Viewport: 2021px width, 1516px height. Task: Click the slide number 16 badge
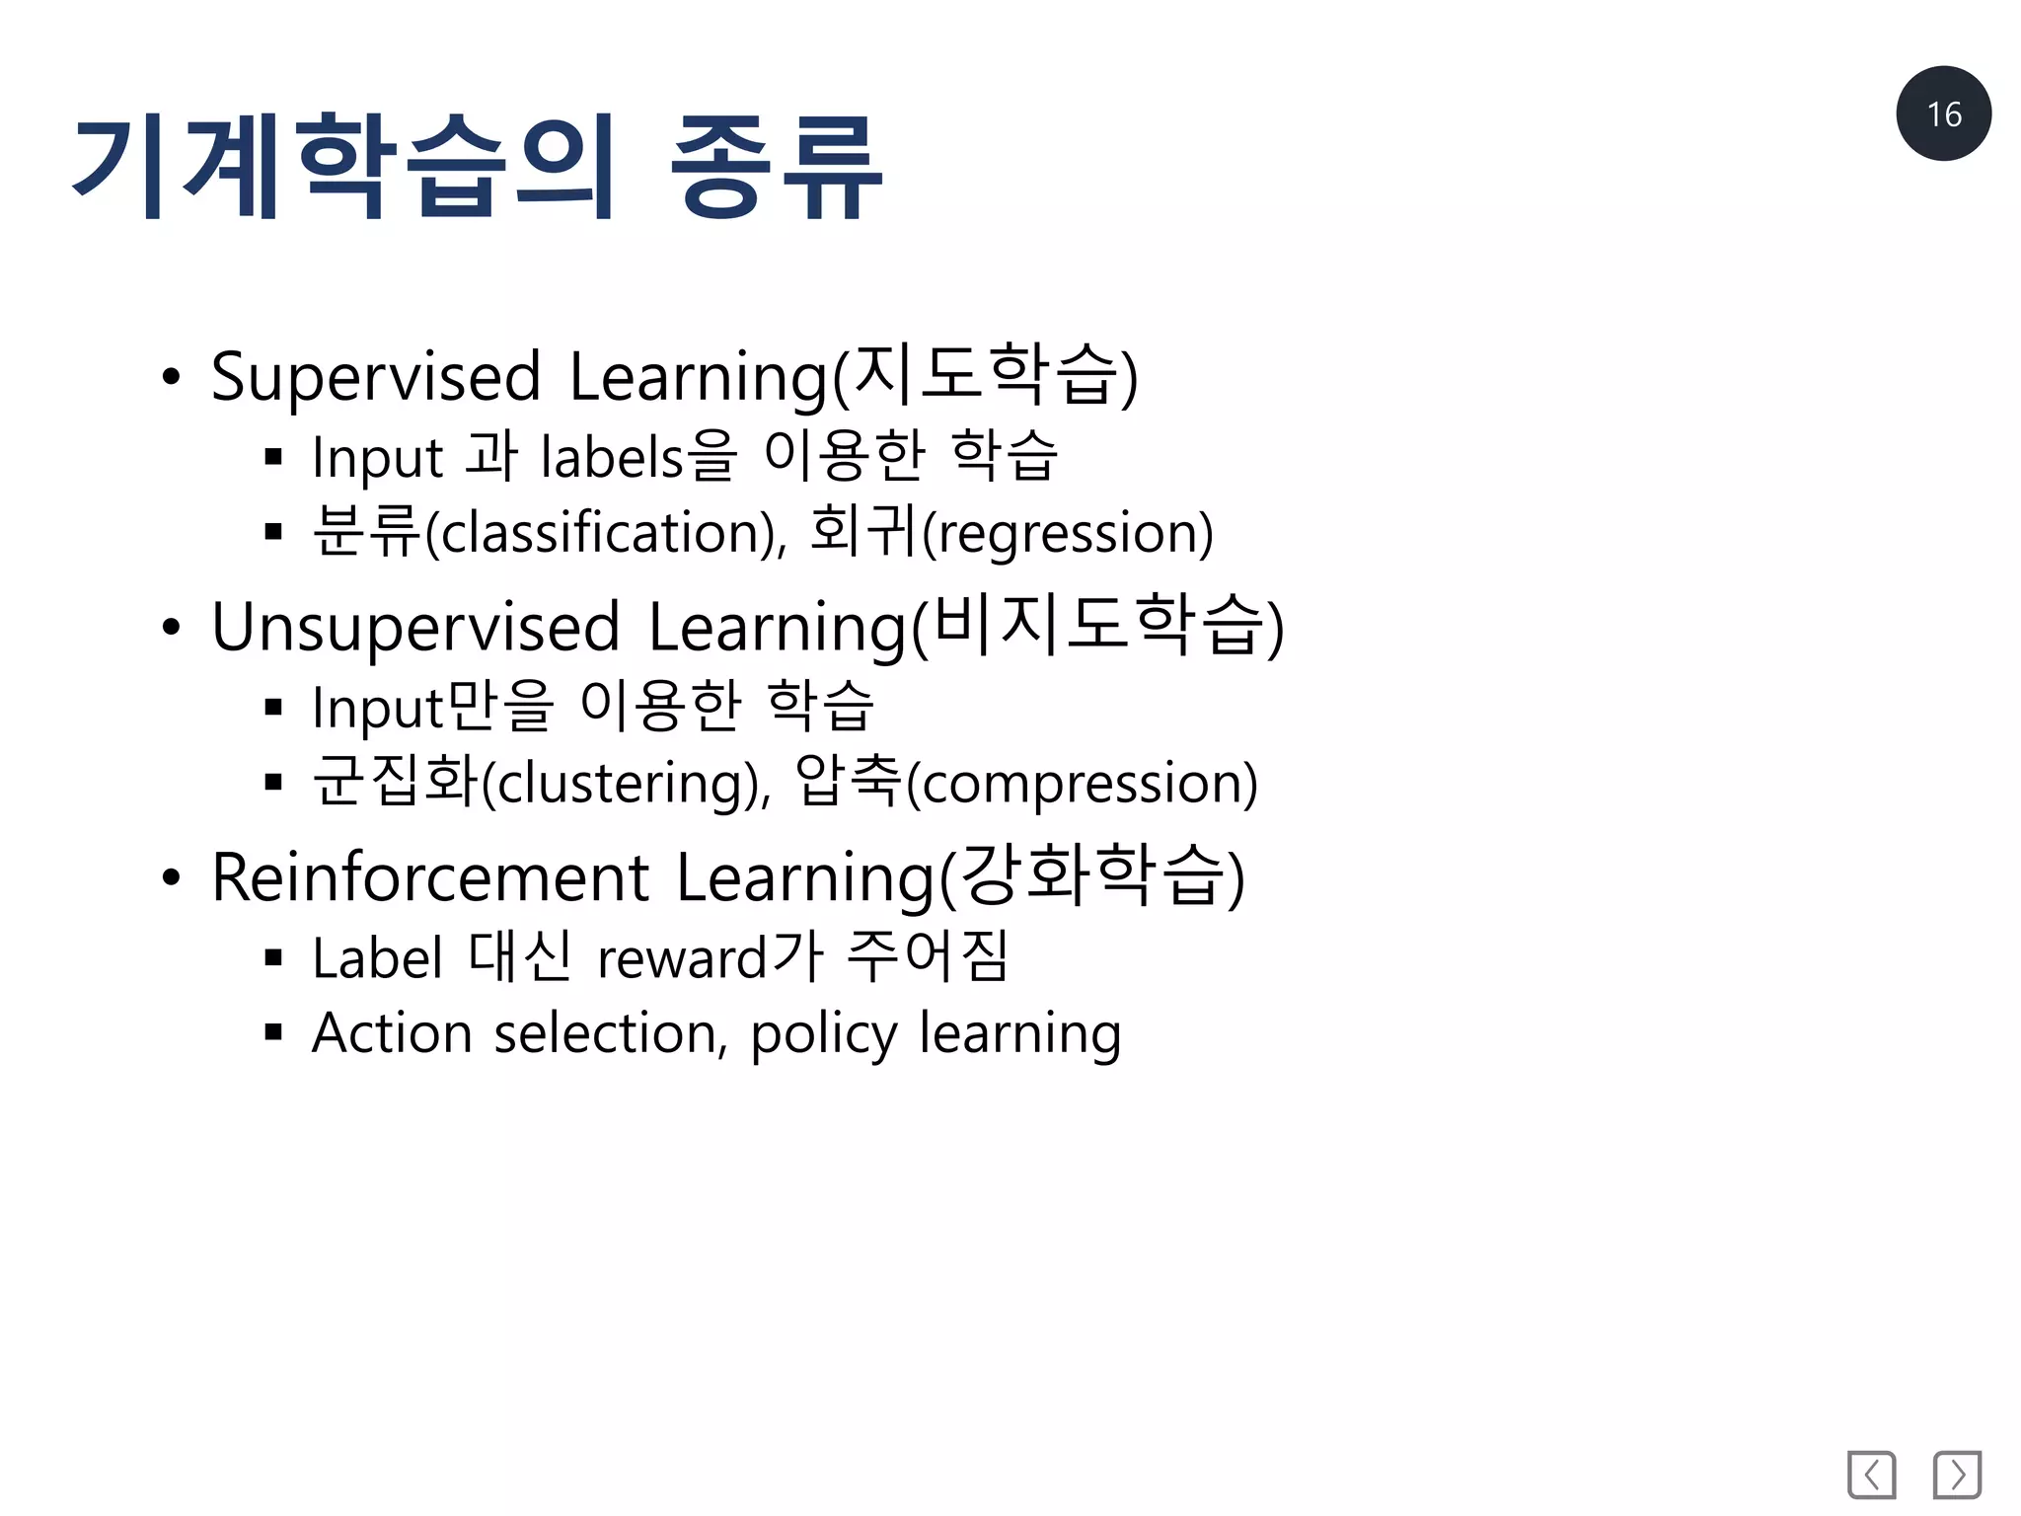coord(1942,114)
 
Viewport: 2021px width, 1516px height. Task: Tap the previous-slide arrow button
coord(1871,1475)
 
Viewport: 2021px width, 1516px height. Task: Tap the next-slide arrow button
coord(1957,1475)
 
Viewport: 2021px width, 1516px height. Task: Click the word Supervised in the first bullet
coord(376,378)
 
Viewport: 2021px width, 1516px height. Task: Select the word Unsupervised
coord(415,629)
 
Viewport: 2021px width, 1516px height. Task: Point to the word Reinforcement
coord(430,878)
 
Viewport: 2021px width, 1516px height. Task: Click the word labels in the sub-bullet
coord(612,458)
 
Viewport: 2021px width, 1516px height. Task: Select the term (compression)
coord(1082,785)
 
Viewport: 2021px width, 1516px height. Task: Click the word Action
coord(392,1033)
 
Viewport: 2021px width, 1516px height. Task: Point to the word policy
coord(823,1035)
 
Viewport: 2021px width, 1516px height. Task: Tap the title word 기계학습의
coord(345,165)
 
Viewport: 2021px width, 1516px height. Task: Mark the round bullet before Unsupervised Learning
coord(172,628)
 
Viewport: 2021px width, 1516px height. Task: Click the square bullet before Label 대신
coord(274,957)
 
